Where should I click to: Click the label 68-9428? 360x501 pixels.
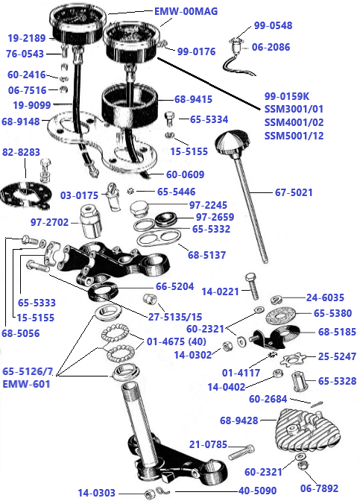click(239, 421)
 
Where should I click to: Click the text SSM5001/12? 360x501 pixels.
click(294, 135)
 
